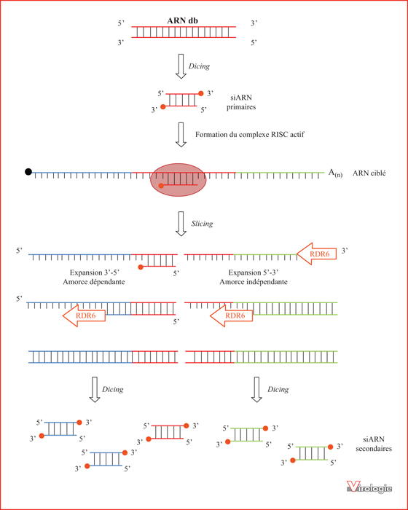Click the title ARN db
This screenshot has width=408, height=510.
pyautogui.click(x=183, y=20)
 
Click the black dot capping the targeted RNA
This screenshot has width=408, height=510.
pyautogui.click(x=28, y=172)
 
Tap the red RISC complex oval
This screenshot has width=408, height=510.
pyautogui.click(x=178, y=180)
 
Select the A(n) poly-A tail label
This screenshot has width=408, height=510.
pyautogui.click(x=335, y=173)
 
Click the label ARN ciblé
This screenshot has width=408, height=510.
pyautogui.click(x=369, y=173)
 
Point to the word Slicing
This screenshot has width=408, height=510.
pyautogui.click(x=202, y=224)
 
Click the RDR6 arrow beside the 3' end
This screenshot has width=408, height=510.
pyautogui.click(x=316, y=254)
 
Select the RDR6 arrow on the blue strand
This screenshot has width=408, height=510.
pyautogui.click(x=84, y=315)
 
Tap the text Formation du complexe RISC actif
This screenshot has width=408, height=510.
pyautogui.click(x=250, y=134)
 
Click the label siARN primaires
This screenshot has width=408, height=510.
pyautogui.click(x=241, y=102)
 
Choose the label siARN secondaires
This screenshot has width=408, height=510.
pyautogui.click(x=374, y=444)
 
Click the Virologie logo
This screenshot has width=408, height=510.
pyautogui.click(x=369, y=486)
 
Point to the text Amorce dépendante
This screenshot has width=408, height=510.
pyautogui.click(x=94, y=282)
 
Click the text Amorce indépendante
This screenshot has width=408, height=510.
pyautogui.click(x=254, y=282)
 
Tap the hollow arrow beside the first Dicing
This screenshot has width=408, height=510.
pyautogui.click(x=181, y=66)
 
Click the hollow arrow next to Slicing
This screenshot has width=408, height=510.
pyautogui.click(x=181, y=224)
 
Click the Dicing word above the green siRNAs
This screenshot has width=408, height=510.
pyautogui.click(x=278, y=389)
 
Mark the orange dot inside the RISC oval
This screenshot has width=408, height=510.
pyautogui.click(x=161, y=186)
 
